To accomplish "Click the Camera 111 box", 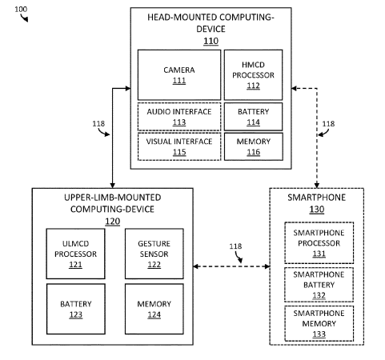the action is pos(179,75).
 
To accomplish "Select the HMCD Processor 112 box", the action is pos(253,75).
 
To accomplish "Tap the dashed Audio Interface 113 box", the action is pos(179,117).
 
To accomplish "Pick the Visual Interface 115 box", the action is pos(179,146).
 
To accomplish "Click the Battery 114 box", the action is pos(253,117).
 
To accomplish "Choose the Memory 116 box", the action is pos(254,146).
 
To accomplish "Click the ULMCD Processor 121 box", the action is pos(75,254).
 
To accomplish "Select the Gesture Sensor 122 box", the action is pos(154,254).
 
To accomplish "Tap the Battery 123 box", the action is pos(76,309).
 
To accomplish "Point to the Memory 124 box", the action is pos(154,309).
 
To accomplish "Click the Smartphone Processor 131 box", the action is pos(319,242).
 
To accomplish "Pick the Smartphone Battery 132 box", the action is pos(319,285).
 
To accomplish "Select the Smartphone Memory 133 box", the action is pos(319,323).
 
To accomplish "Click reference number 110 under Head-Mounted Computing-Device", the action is pos(211,41).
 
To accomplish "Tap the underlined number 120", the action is pos(113,222).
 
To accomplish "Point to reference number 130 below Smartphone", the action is pos(317,210).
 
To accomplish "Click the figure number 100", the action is pos(21,10).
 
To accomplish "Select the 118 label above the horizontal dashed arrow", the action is pos(235,246).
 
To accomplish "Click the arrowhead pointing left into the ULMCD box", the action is pos(196,266).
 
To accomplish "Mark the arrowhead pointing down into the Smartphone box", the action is pos(317,186).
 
